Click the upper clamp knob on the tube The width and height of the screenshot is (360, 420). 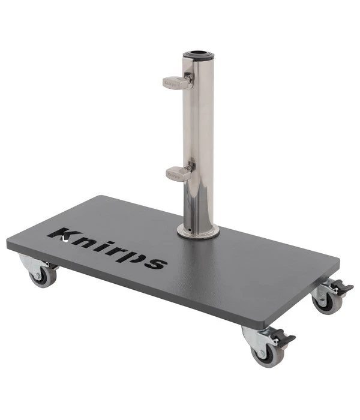[175, 82]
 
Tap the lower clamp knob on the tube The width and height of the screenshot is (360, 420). [178, 173]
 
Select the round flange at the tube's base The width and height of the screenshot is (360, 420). [198, 232]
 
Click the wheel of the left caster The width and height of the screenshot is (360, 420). [43, 277]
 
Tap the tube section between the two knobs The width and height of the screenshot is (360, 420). [198, 126]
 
